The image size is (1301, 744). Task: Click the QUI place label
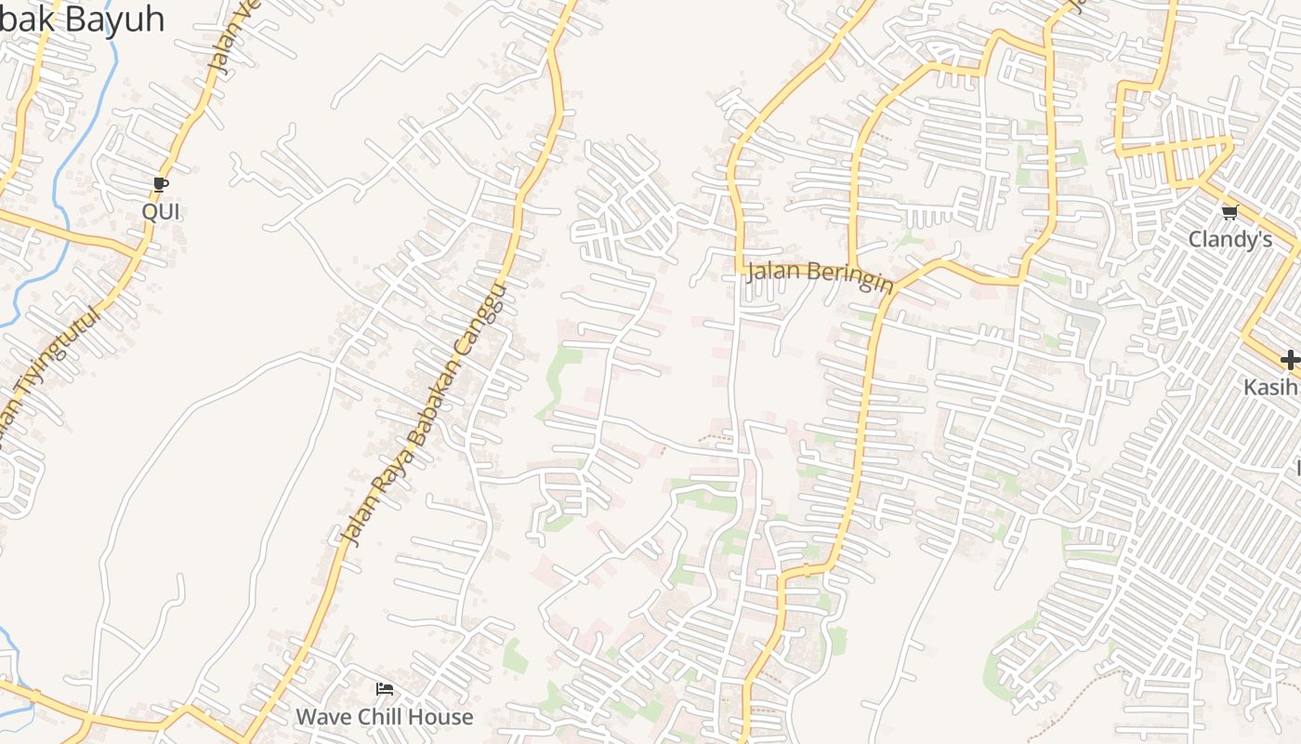[x=161, y=211]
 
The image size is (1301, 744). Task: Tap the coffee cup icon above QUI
[x=161, y=184]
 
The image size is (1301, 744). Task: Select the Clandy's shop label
[x=1229, y=239]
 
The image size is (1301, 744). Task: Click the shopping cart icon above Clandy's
[x=1229, y=212]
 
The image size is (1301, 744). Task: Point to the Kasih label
[x=1271, y=386]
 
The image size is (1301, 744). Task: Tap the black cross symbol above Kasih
[x=1289, y=360]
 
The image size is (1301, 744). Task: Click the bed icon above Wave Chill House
[x=384, y=689]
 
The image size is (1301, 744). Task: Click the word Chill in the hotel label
[x=383, y=717]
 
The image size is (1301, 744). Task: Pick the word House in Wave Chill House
[x=442, y=717]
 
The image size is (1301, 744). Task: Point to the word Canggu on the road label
[x=484, y=316]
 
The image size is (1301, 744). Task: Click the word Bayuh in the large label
[x=114, y=19]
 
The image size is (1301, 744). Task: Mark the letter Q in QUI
[x=149, y=211]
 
